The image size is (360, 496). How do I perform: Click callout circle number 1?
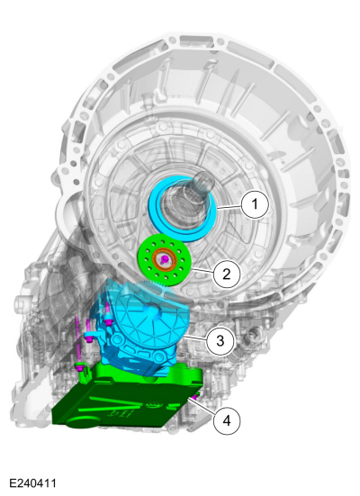click(x=255, y=204)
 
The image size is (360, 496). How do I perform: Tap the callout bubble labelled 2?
click(x=227, y=274)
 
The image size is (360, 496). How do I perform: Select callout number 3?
click(x=220, y=340)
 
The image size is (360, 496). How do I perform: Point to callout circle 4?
click(x=227, y=420)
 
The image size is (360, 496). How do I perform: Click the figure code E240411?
click(x=32, y=483)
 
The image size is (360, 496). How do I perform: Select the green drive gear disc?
click(x=164, y=259)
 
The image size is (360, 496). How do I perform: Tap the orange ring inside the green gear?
click(x=164, y=259)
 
